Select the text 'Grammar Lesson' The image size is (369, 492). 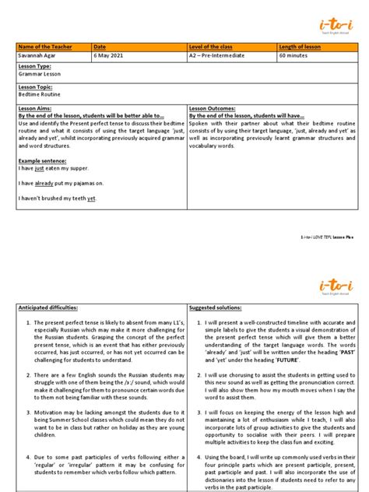click(38, 75)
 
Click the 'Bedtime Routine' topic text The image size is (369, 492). click(38, 95)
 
